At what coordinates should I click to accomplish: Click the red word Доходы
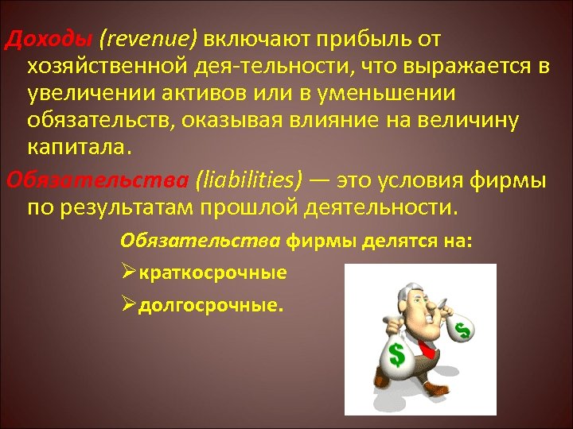[x=47, y=39]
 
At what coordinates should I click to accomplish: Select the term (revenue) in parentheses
[x=150, y=39]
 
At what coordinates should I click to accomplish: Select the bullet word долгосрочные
[x=211, y=305]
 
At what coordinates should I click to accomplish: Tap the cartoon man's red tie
[x=426, y=347]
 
